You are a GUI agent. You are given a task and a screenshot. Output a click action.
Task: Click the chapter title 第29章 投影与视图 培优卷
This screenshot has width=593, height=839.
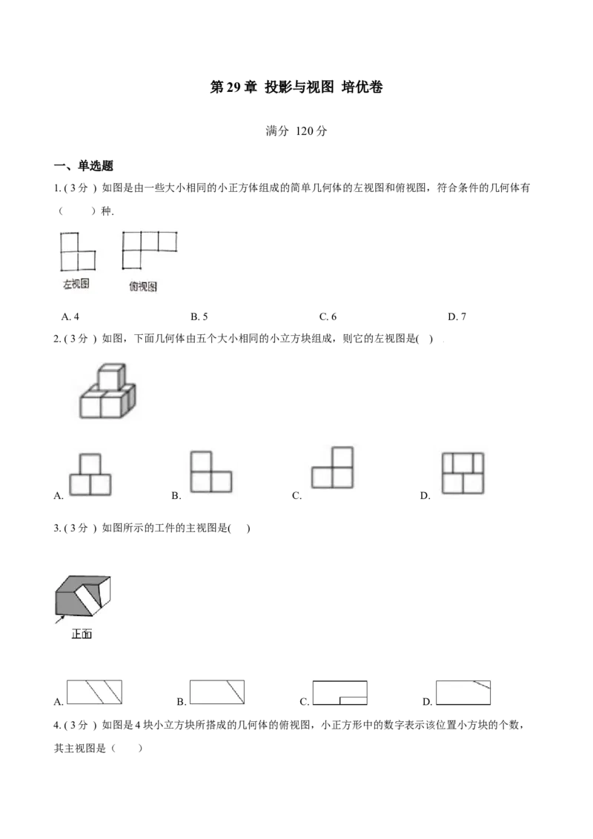[x=296, y=87]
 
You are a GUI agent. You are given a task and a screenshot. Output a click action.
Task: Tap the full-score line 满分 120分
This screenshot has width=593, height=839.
[x=296, y=131]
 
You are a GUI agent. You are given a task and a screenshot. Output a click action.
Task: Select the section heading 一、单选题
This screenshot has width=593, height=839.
[x=84, y=166]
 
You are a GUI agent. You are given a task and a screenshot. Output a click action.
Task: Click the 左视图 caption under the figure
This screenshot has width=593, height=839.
[x=76, y=284]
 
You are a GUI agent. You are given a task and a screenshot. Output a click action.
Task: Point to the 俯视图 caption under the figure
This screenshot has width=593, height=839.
[x=143, y=287]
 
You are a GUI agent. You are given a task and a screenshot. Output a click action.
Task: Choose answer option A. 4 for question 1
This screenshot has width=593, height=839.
[x=70, y=316]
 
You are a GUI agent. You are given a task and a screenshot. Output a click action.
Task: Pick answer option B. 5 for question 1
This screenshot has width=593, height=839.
[x=199, y=316]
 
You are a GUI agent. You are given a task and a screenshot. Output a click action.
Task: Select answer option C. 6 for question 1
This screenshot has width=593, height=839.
[x=328, y=316]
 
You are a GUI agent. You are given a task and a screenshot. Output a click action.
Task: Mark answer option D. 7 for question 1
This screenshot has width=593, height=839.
[x=457, y=316]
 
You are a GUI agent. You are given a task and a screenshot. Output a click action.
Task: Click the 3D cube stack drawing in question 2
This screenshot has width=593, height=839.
[x=107, y=391]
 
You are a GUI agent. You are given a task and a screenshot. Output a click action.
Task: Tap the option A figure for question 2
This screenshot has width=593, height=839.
[x=90, y=474]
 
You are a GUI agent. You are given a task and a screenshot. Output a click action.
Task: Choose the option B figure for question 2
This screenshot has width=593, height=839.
[x=211, y=471]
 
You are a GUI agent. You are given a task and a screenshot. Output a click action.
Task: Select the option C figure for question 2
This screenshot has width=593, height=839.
[x=332, y=468]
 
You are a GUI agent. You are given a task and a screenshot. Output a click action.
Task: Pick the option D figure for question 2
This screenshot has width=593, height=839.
[x=463, y=473]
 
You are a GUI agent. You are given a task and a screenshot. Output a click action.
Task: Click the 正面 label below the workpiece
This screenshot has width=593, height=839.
[x=82, y=634]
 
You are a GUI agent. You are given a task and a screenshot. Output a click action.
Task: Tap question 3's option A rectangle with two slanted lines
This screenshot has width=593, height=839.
[x=94, y=692]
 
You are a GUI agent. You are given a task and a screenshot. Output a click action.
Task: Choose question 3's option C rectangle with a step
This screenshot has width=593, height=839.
[x=339, y=693]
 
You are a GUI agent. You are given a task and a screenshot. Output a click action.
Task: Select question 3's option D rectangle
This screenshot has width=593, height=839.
[x=463, y=692]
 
